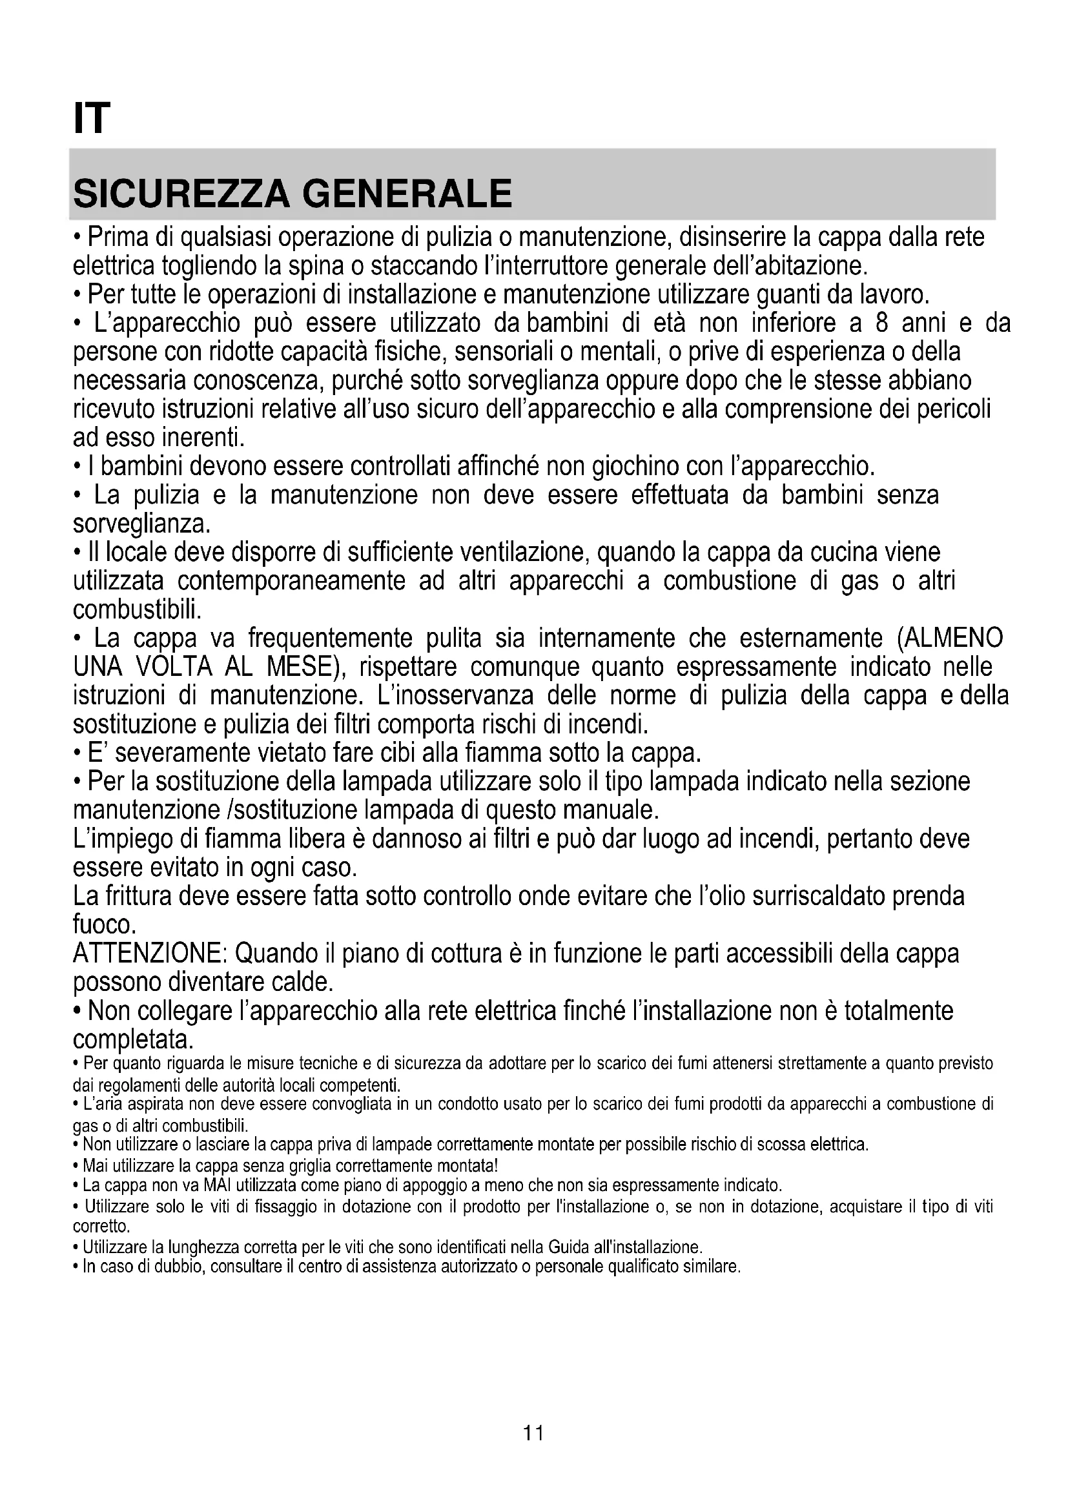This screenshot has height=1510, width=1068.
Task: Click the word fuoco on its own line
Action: (104, 925)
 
